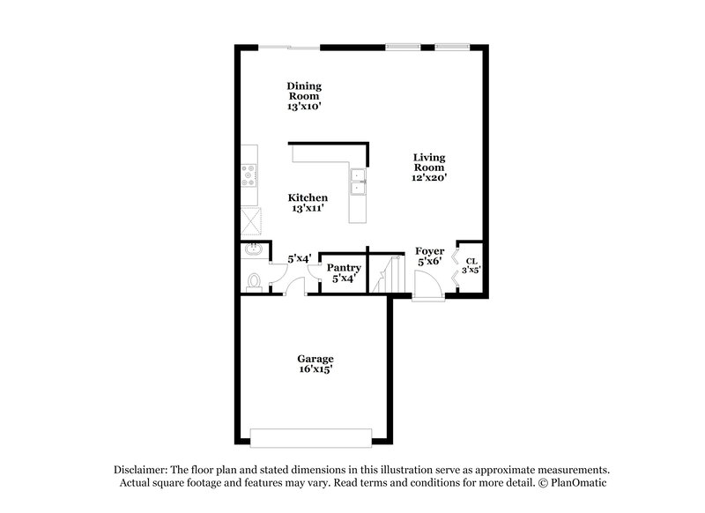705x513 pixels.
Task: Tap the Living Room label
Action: tap(429, 163)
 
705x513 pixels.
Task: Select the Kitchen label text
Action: tap(309, 197)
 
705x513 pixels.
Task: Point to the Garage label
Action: tap(315, 359)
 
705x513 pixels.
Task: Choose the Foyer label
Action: tap(429, 251)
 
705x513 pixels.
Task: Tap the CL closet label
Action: tap(471, 261)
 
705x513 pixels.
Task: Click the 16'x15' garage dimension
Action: tap(315, 370)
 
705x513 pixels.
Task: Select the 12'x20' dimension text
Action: tap(429, 178)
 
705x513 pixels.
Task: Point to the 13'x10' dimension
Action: tap(304, 106)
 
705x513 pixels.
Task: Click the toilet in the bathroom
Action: tap(253, 281)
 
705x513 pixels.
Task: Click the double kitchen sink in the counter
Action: tap(358, 182)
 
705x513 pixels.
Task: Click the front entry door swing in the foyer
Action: tap(425, 286)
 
